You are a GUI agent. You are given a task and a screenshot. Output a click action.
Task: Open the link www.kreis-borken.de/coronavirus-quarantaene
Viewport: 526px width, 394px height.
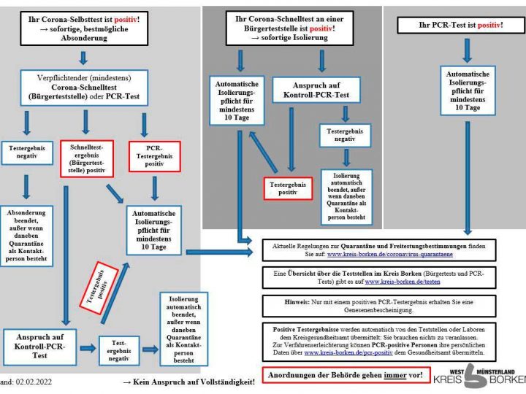(390, 254)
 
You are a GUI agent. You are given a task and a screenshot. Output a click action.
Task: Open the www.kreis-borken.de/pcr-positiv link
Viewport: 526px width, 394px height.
(348, 352)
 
